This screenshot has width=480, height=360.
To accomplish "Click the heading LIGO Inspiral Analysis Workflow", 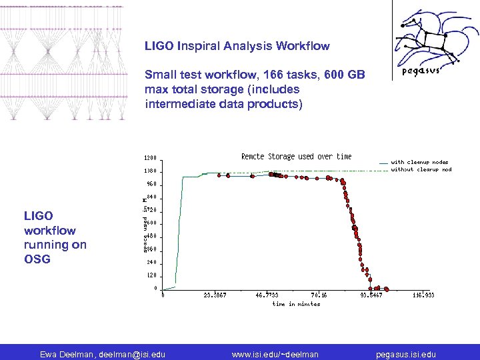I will tap(237, 46).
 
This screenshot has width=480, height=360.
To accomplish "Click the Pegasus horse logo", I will tap(434, 40).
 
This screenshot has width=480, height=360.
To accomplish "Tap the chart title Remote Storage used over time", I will tap(296, 157).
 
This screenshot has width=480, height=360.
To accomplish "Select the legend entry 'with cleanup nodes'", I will tap(419, 162).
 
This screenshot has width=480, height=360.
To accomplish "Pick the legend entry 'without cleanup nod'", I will tap(421, 169).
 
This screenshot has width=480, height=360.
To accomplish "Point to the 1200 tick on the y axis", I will tap(151, 159).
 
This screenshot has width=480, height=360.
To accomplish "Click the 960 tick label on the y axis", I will tap(151, 184).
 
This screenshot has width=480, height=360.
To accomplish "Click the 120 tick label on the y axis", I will tap(151, 275).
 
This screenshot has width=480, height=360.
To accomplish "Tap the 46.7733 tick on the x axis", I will tap(266, 295).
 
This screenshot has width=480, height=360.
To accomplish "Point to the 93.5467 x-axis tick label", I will tap(371, 295).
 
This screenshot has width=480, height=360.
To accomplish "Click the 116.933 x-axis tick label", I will tap(423, 295).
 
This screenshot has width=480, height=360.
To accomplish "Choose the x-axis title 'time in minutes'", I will tap(296, 304).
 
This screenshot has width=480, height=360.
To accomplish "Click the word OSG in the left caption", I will tap(37, 259).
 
